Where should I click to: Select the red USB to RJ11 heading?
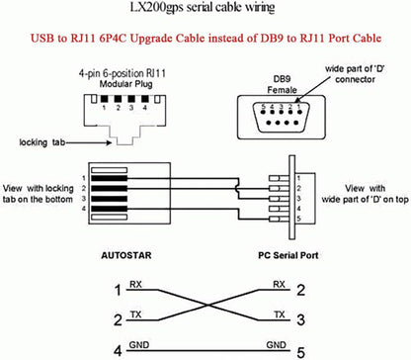(x=205, y=44)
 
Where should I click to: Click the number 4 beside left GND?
(x=118, y=348)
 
